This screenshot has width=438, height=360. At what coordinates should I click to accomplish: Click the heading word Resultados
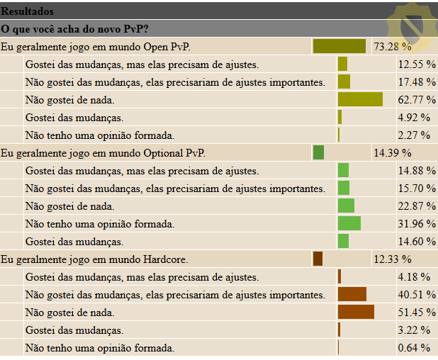(x=27, y=11)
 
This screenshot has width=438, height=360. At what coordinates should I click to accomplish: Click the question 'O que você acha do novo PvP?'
(x=79, y=28)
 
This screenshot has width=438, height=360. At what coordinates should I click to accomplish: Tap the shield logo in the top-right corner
(x=412, y=26)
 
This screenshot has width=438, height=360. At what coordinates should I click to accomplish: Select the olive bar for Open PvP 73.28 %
(x=339, y=47)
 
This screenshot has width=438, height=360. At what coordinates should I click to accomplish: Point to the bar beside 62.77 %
(x=360, y=99)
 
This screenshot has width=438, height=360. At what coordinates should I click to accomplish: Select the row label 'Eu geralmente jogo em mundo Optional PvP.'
(x=104, y=152)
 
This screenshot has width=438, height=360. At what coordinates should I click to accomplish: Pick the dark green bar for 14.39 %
(x=318, y=152)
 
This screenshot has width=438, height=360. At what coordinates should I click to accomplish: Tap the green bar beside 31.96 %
(x=349, y=223)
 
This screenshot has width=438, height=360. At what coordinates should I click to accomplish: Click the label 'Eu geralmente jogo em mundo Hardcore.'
(x=95, y=259)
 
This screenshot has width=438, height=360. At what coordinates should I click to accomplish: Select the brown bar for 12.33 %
(x=318, y=259)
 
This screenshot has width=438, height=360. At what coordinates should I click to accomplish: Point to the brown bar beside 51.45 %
(x=356, y=312)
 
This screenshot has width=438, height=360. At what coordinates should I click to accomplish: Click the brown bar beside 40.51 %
(x=352, y=294)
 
